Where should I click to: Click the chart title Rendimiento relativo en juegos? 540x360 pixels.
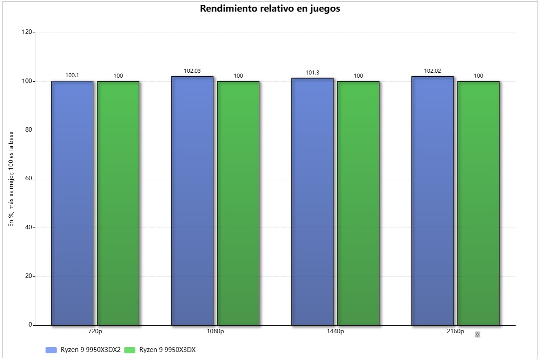[270, 9]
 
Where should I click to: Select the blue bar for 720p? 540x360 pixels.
[72, 203]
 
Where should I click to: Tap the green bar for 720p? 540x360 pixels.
[118, 203]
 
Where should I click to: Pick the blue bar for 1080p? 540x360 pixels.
[192, 201]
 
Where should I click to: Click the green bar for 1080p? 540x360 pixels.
[238, 203]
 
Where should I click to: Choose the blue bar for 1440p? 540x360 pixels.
[312, 202]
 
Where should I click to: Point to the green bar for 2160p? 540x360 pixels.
[478, 203]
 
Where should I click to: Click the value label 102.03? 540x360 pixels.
[192, 70]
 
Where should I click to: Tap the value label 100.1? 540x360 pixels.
[72, 75]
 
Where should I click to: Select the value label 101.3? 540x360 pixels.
[312, 73]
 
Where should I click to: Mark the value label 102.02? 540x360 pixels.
[432, 70]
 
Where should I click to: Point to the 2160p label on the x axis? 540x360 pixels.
[456, 331]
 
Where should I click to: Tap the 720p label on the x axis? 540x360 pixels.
[96, 331]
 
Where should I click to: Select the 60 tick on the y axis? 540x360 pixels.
[29, 178]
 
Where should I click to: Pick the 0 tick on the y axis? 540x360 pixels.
[30, 325]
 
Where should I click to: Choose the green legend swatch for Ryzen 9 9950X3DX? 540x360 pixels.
[129, 350]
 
